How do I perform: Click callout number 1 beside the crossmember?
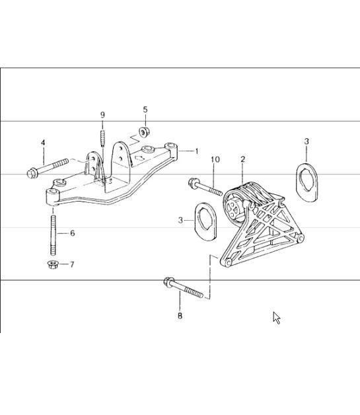pos(196,151)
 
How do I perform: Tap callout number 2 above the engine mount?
pos(242,159)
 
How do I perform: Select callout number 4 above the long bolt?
pos(43,142)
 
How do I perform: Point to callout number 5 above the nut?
pos(145,109)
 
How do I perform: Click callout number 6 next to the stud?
pos(73,233)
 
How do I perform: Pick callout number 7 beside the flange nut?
pos(72,264)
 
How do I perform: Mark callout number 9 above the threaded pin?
pos(102,115)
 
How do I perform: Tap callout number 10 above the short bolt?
pos(215,160)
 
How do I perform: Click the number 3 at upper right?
pos(306,141)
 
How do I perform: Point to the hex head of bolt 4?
pos(31,174)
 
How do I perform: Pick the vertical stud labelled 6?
pos(52,233)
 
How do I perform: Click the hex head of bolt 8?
pos(168,285)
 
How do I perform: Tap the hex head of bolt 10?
pos(194,182)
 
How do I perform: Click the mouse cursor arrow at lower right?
pos(276,317)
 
